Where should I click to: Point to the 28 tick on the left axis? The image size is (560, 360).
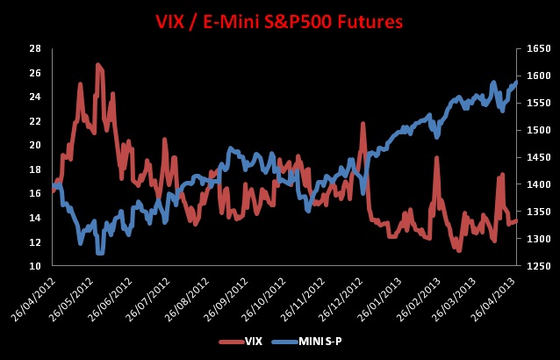click(x=35, y=48)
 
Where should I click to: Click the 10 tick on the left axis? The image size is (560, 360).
click(x=35, y=265)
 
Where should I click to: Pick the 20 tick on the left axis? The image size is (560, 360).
click(x=35, y=145)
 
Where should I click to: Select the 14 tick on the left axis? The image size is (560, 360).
click(x=35, y=217)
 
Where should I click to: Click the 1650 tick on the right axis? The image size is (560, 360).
click(x=538, y=48)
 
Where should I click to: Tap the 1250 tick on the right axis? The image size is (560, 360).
click(x=538, y=265)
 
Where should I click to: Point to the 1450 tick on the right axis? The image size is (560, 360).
click(x=538, y=157)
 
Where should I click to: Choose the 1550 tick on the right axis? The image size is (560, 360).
click(x=538, y=103)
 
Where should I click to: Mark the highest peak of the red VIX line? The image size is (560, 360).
click(x=97, y=64)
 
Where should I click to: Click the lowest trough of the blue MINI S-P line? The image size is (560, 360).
click(x=100, y=253)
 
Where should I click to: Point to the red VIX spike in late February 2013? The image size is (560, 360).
click(x=436, y=157)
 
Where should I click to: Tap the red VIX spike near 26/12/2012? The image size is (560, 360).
click(x=363, y=124)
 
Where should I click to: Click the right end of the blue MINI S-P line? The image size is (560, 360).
click(x=516, y=82)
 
